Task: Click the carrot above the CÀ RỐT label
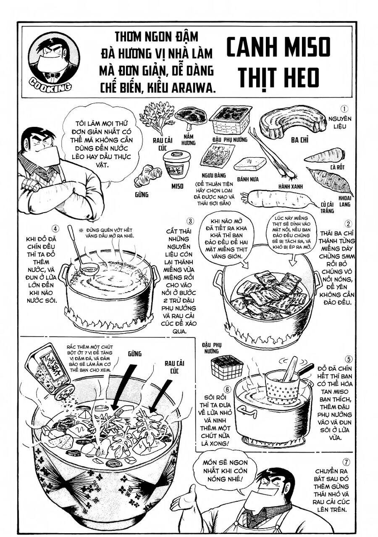point(324,156)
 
